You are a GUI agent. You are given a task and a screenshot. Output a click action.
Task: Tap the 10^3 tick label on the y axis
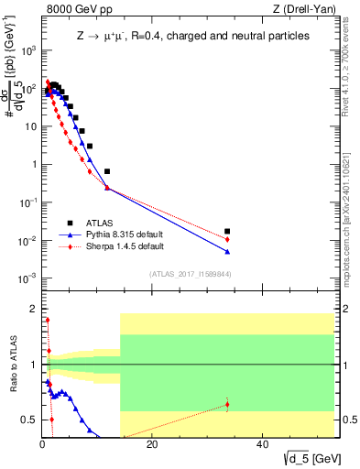pos(29,51)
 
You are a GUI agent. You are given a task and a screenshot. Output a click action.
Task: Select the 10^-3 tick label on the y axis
pos(29,278)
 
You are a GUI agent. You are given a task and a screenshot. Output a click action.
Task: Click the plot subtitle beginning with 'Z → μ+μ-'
pos(191,36)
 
